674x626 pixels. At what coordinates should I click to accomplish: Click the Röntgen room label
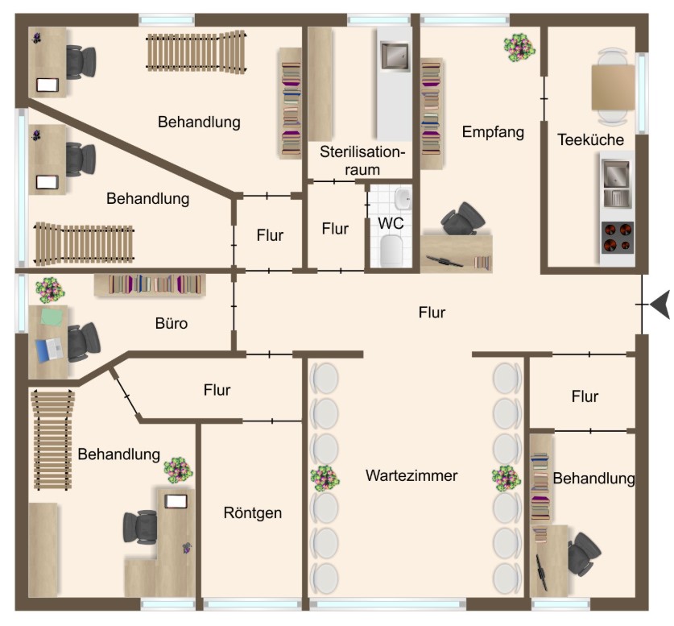pos(253,512)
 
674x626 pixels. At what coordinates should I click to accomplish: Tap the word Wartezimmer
pos(411,475)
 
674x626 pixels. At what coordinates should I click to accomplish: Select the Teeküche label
pos(590,139)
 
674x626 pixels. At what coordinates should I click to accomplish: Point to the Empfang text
pos(493,132)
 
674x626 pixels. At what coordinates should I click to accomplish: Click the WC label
pos(391,223)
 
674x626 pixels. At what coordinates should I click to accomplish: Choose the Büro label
pos(171,324)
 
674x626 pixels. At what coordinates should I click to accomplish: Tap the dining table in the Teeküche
pos(613,87)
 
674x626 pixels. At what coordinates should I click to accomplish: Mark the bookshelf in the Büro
pos(151,284)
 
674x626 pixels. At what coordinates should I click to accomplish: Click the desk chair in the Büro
pos(81,342)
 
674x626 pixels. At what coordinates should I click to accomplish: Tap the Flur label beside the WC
pos(335,229)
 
